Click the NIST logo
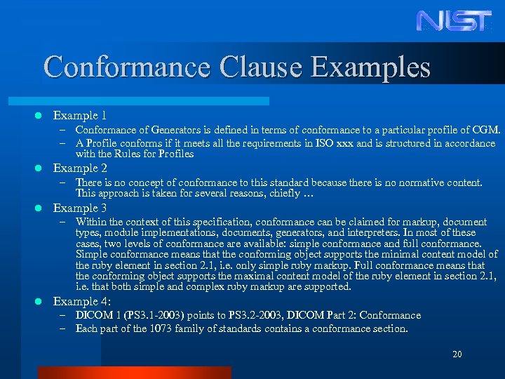click(454, 21)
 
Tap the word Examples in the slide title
click(371, 67)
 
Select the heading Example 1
click(80, 115)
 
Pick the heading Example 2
click(80, 168)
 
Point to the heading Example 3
click(80, 208)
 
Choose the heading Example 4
click(81, 302)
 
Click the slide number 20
click(457, 354)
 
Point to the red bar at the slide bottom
click(134, 373)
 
